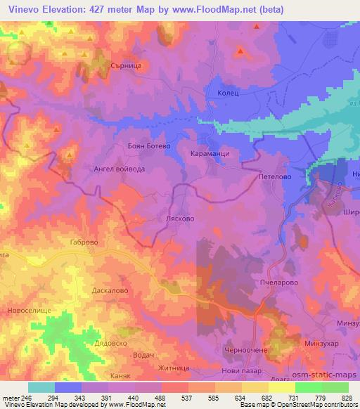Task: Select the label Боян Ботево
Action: (131, 145)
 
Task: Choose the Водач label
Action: (143, 356)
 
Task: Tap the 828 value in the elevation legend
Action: (347, 397)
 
